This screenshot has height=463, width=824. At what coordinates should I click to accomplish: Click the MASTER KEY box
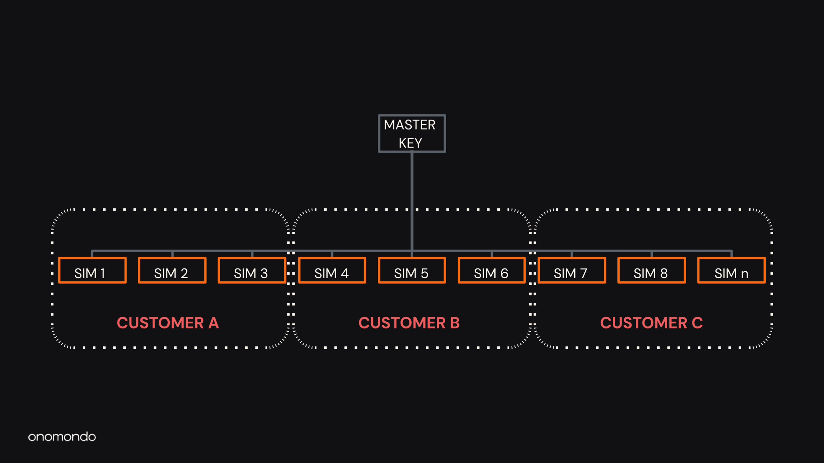tap(412, 133)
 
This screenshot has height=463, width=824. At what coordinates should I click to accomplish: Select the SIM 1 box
tap(92, 270)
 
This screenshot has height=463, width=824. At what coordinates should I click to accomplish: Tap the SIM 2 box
tap(172, 270)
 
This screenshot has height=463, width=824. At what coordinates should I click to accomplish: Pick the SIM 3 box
tap(252, 270)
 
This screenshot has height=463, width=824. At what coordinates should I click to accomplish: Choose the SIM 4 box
tap(332, 270)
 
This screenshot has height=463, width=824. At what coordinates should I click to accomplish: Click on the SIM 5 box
tap(412, 270)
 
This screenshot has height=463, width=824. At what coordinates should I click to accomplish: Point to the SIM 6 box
tap(491, 270)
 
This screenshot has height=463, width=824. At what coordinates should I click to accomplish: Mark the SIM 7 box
tap(572, 270)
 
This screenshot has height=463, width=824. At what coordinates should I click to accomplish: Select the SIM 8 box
tap(651, 270)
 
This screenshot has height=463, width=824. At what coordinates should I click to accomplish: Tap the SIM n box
tap(731, 270)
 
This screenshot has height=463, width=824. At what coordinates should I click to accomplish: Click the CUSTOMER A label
tap(168, 323)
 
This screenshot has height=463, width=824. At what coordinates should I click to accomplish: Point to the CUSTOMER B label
tap(409, 323)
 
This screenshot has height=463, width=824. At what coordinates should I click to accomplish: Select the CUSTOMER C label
tap(651, 323)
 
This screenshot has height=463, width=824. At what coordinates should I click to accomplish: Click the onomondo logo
tap(62, 437)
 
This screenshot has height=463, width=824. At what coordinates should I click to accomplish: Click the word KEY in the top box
tap(410, 143)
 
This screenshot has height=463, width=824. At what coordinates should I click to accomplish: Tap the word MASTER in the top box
tap(410, 125)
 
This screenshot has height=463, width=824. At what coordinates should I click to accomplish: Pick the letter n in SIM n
tap(744, 274)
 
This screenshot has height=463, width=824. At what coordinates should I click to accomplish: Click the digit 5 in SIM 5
tap(424, 273)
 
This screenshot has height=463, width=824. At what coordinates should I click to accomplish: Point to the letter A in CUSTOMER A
tap(214, 323)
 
